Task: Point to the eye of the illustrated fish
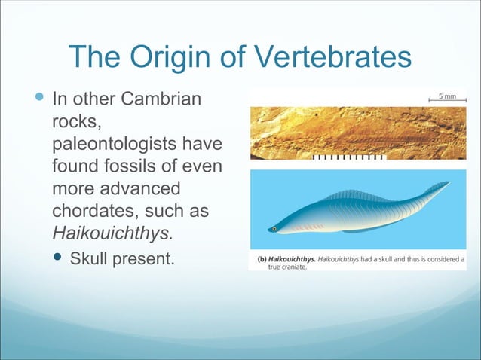tap(275, 228)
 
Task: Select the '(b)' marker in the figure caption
tap(256, 258)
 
